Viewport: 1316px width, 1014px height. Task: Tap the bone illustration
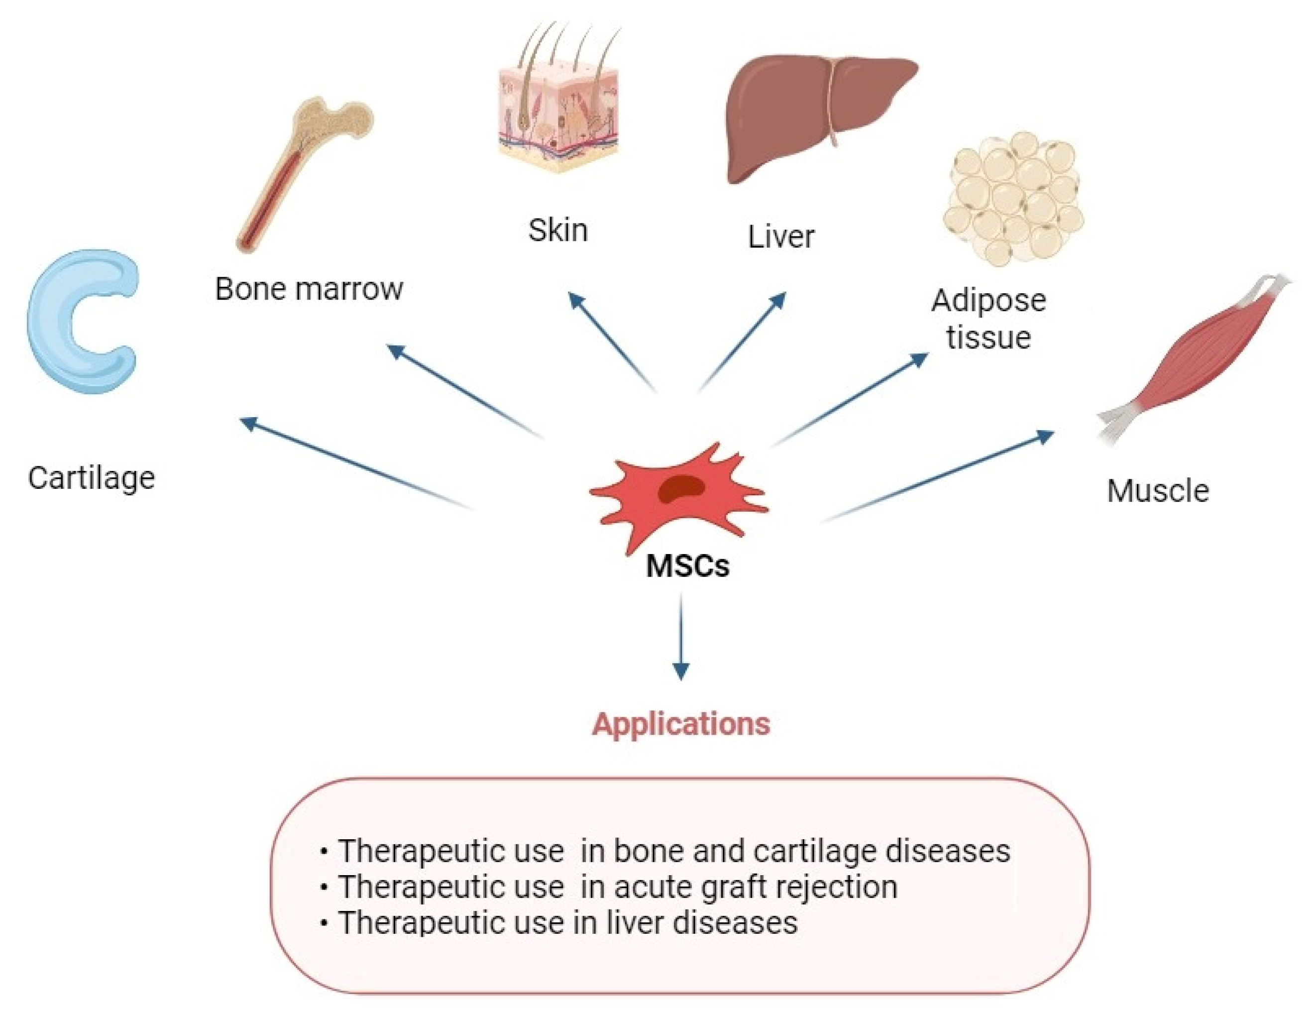pos(301,175)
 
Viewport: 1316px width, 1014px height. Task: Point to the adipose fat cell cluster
pos(1012,199)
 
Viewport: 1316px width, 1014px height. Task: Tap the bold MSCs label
pos(687,566)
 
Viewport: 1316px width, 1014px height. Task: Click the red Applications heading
pos(681,724)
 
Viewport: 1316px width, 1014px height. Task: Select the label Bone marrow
pos(309,289)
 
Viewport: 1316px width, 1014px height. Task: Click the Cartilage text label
pos(92,478)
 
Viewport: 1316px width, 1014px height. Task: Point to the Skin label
pos(558,230)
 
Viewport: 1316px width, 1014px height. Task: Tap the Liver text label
pos(781,237)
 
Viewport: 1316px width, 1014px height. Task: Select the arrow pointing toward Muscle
pos(940,476)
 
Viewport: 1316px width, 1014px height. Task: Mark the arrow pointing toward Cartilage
pos(355,464)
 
